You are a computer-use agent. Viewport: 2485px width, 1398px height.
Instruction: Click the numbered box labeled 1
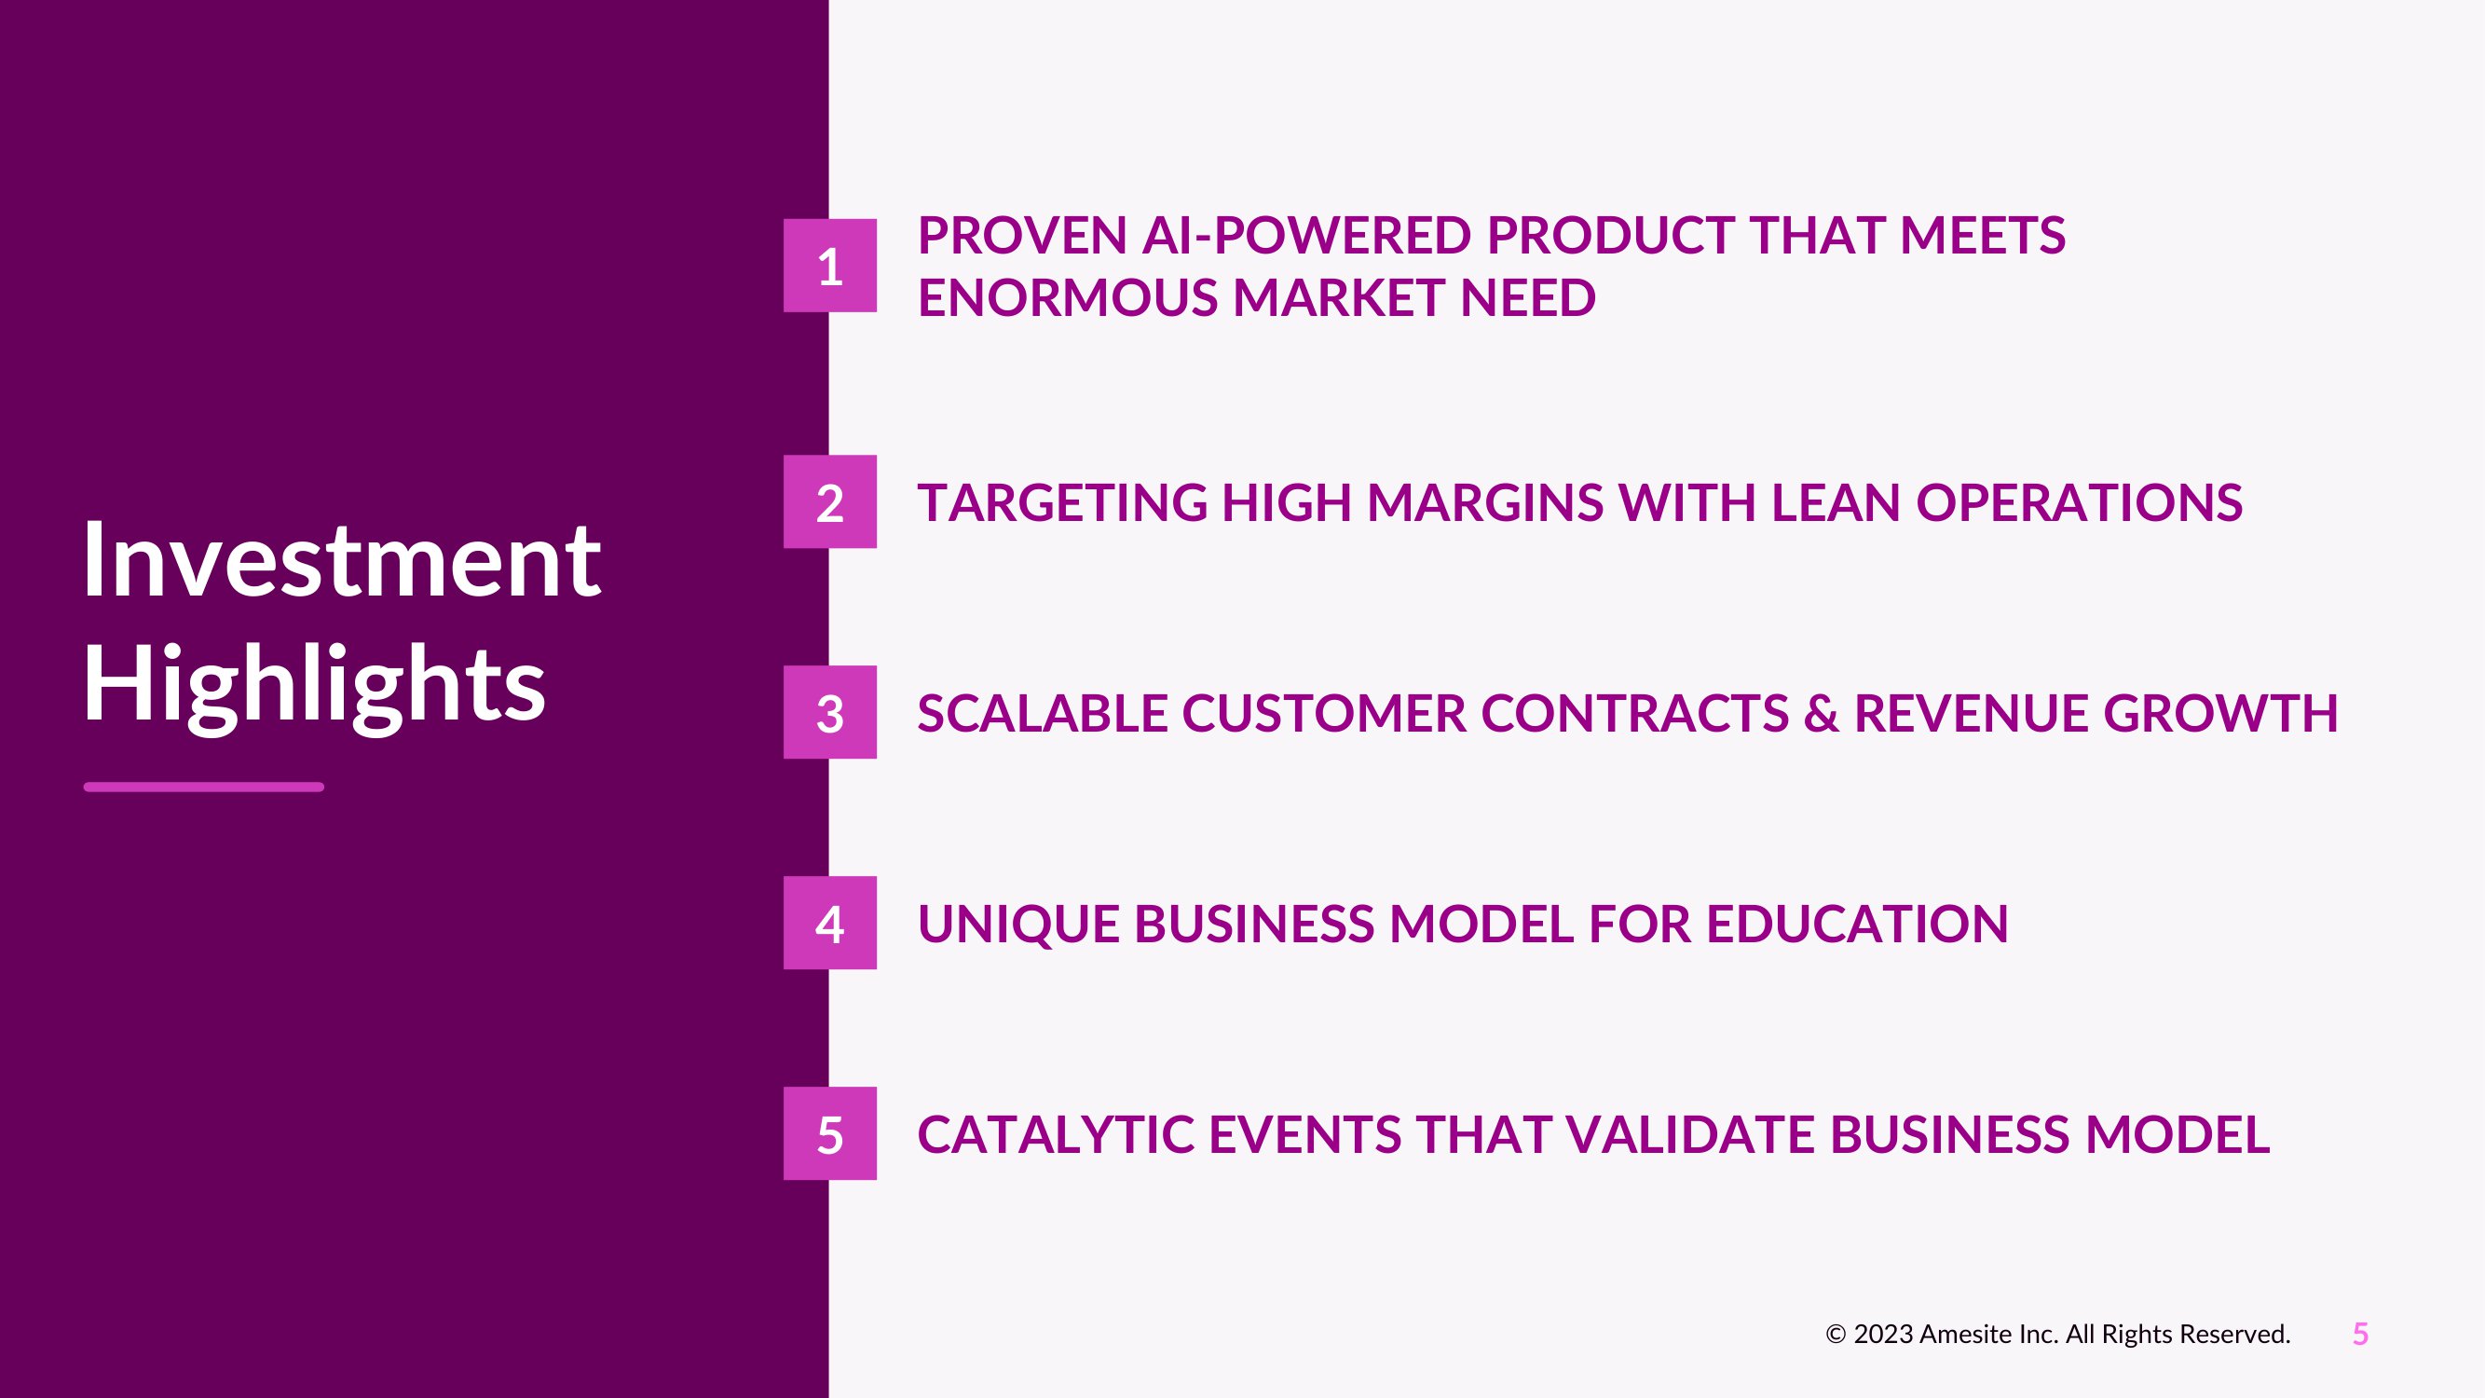tap(829, 266)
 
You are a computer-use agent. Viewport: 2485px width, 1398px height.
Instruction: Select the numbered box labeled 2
tap(829, 501)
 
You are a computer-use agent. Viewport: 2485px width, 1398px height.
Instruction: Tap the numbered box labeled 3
tap(829, 712)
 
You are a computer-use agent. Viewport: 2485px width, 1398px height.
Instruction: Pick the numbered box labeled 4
tap(829, 923)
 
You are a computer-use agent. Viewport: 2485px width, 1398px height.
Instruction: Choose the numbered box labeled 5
tap(829, 1132)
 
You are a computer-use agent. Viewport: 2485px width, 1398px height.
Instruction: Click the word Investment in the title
tap(343, 560)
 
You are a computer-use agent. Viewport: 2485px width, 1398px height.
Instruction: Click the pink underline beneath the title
tap(203, 788)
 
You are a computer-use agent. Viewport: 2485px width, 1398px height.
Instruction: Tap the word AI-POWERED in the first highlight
tap(1306, 236)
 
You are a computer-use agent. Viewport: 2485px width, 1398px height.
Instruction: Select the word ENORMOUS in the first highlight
tap(1068, 297)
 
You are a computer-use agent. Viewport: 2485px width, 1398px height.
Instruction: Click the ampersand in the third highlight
tap(1821, 713)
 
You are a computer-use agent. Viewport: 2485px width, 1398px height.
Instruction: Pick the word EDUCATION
tap(1857, 924)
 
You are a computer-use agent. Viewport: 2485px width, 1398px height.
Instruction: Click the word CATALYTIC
tap(1057, 1133)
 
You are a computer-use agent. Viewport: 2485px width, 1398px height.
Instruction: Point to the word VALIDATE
tap(1690, 1133)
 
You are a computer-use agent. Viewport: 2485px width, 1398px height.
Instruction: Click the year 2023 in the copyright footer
tap(1883, 1335)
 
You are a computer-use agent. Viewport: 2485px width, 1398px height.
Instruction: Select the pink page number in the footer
tap(2360, 1335)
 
